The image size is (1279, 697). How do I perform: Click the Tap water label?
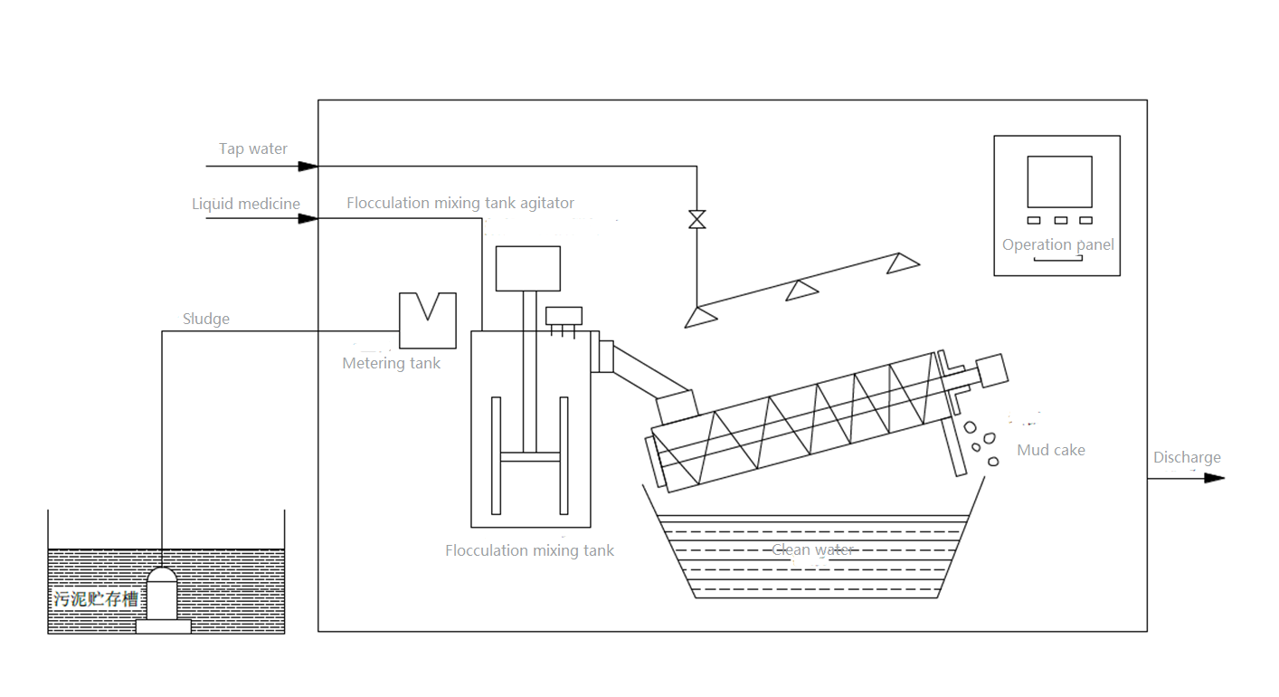pos(253,149)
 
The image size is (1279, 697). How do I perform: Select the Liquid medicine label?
pos(245,204)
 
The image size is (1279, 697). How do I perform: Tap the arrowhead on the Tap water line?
pos(308,167)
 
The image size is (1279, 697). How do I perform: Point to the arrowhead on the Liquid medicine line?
pos(308,218)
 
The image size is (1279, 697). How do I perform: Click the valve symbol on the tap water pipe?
pos(696,219)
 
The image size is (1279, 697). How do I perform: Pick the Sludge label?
pos(206,319)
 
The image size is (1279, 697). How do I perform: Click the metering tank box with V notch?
pos(427,320)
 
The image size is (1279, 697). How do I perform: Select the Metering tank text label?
pos(391,364)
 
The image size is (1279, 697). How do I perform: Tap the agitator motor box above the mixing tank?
pos(527,268)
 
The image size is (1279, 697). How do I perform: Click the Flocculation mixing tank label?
pos(529,550)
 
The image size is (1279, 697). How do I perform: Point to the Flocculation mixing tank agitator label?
pos(460,203)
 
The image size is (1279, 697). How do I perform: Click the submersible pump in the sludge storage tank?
pos(163,598)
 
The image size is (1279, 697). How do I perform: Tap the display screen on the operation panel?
pos(1059,182)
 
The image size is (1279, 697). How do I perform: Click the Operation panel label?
pos(1057,244)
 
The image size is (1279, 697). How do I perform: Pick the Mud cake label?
pos(1050,450)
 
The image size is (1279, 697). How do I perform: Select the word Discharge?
pos(1186,458)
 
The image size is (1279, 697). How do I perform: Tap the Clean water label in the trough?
pos(812,549)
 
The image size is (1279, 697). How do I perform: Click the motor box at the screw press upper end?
pos(992,370)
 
